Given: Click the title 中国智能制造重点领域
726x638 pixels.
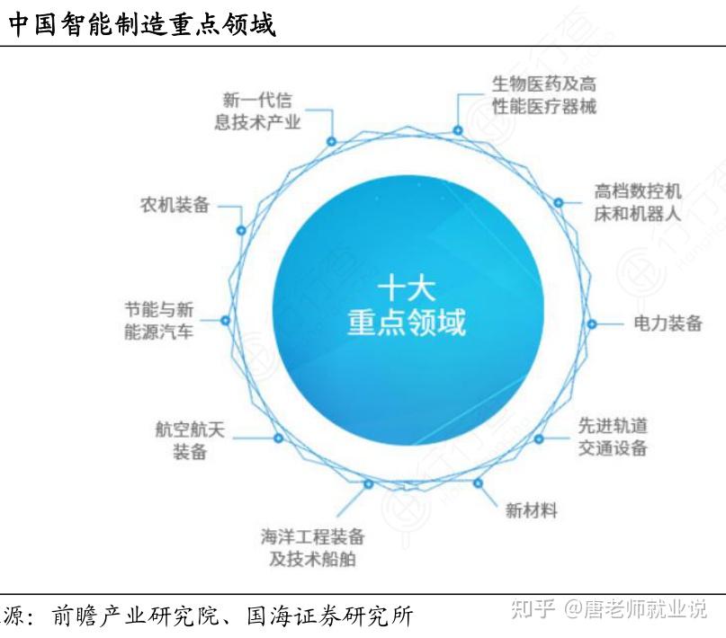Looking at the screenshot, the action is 142,24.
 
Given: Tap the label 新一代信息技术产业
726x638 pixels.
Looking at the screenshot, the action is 258,111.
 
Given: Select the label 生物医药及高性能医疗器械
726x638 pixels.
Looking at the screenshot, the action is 543,95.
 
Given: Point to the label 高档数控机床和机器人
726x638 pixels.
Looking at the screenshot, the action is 638,202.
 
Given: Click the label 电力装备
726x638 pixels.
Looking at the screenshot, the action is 668,323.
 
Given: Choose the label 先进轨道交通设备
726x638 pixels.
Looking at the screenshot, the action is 613,436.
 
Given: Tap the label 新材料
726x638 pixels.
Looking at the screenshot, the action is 531,510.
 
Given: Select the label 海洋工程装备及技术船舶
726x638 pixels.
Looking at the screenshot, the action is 313,548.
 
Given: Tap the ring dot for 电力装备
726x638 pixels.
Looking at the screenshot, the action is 592,323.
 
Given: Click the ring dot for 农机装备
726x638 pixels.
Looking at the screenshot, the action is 241,230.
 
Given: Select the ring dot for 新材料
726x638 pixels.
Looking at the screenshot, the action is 478,483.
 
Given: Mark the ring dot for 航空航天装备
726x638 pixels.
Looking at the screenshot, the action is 278,439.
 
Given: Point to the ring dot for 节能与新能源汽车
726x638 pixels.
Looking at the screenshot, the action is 226,320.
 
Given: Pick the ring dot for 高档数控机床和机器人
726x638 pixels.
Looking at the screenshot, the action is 559,203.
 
